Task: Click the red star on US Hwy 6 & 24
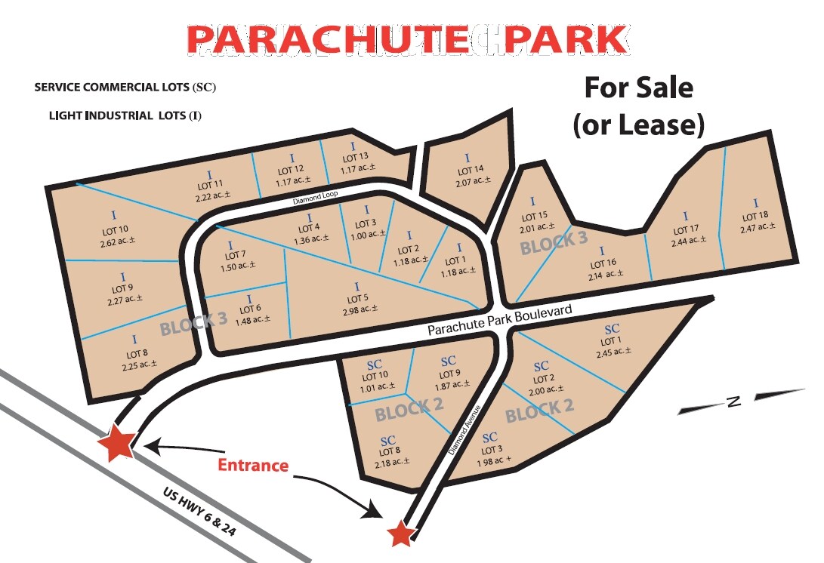(119, 443)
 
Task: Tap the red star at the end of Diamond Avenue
(401, 534)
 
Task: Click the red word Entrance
(253, 465)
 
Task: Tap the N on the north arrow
(732, 401)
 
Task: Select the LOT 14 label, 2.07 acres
(474, 171)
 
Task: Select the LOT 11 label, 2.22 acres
(208, 185)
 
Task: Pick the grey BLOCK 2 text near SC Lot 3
(539, 411)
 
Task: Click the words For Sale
(638, 88)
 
